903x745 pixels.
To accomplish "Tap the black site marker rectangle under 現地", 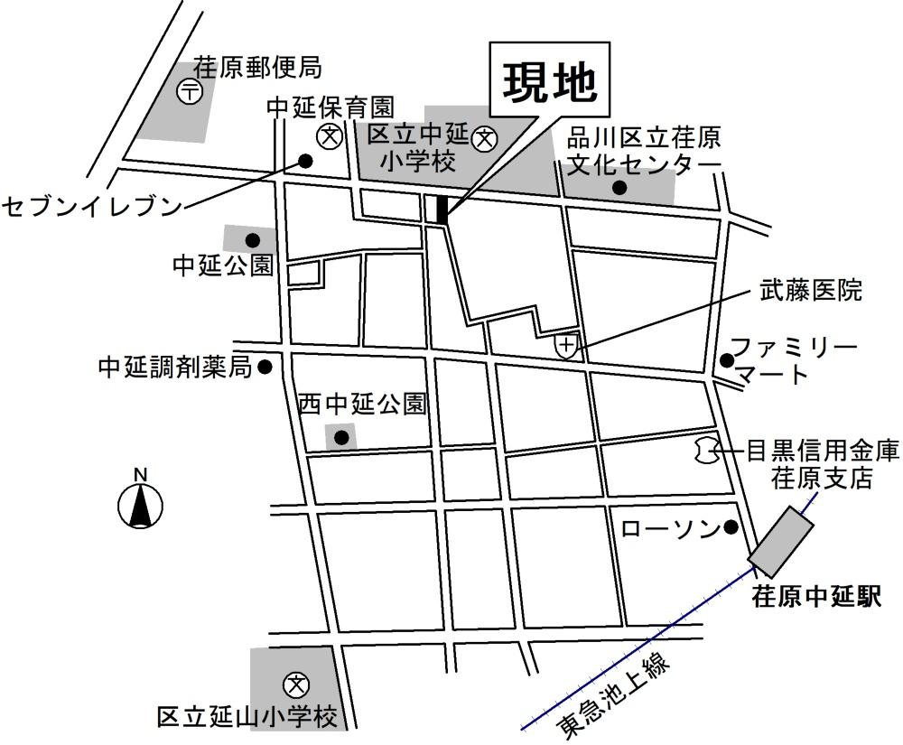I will coord(442,209).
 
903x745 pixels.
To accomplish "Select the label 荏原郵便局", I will coord(257,68).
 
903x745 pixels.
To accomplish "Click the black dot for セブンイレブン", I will coord(305,162).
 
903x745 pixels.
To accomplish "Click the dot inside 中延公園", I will coord(253,240).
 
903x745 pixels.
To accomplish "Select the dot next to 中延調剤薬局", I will coord(265,367).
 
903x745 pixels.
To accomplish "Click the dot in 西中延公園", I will coord(341,439).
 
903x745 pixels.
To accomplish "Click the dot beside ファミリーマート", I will coord(727,360).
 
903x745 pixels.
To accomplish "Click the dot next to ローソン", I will coord(731,527).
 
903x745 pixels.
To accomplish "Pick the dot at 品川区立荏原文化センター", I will coord(619,188).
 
